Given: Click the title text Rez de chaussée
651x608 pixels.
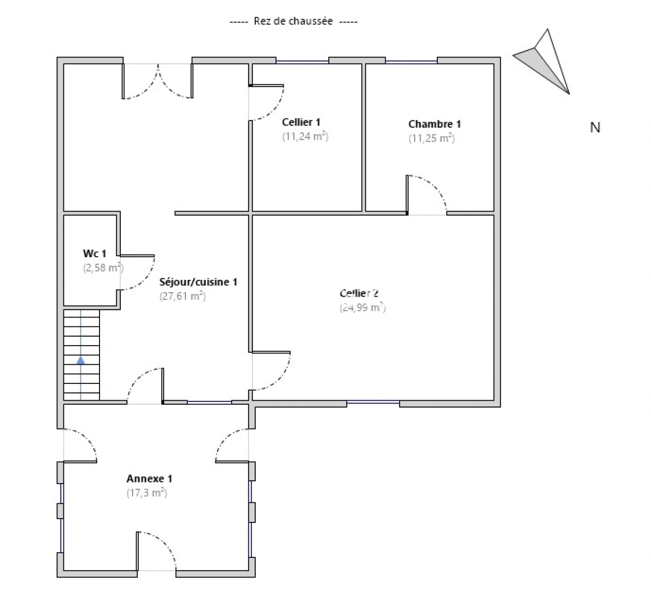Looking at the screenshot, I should click(293, 21).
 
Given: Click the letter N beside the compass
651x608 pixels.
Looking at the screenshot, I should click(595, 127).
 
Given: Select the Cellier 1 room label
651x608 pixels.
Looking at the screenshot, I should click(301, 122).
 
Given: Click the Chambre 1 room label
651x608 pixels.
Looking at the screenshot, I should click(435, 124).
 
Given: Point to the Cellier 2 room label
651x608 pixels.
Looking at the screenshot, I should click(359, 293).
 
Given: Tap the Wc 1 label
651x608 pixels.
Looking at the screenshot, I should click(94, 254).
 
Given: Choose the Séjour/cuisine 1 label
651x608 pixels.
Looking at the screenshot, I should click(198, 281).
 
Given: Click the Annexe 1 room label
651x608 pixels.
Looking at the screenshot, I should click(149, 479).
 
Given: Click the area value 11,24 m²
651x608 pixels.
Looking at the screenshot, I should click(305, 136).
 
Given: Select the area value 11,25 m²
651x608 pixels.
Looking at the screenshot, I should click(431, 138).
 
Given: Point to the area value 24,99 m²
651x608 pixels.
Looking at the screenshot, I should click(362, 308).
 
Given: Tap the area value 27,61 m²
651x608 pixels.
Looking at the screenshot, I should click(182, 296).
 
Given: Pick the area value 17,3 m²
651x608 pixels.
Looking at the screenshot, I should click(147, 493).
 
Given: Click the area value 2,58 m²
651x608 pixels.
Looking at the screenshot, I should click(103, 268).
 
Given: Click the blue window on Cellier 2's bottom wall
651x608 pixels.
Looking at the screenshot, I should click(373, 403).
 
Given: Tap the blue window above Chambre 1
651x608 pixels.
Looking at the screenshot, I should click(411, 61).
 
